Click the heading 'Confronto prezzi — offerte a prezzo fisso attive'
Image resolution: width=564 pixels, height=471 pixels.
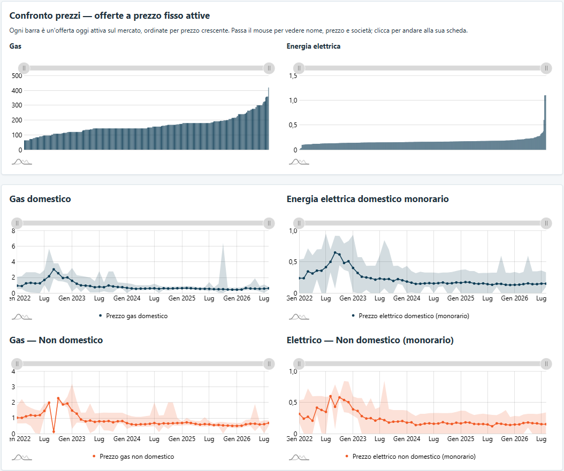pos(110,16)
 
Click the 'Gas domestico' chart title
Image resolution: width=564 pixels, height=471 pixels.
pos(40,199)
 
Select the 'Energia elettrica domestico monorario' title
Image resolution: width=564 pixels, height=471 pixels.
pos(368,199)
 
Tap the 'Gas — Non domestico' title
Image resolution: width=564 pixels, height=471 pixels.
pos(56,340)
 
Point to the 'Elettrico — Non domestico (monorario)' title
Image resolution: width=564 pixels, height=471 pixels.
pos(370,340)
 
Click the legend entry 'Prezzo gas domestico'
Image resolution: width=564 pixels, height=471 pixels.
pos(136,316)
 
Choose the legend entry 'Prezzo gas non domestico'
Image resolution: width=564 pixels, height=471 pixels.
pos(136,456)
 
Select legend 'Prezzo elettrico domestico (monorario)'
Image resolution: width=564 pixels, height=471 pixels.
pos(414,316)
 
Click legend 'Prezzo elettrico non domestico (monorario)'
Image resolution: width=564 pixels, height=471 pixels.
pos(414,456)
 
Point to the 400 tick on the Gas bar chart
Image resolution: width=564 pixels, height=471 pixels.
pos(17,90)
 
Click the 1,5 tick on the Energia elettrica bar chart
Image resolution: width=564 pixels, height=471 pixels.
pos(293,76)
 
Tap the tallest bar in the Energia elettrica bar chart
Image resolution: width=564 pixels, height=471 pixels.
pos(545,122)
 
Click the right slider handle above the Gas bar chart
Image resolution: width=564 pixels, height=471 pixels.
pos(269,68)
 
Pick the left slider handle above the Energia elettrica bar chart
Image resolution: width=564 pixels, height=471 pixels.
pos(299,68)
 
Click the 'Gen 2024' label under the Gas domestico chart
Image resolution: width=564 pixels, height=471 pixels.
pos(127,298)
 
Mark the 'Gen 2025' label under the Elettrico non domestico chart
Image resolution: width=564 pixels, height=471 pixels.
pos(461,439)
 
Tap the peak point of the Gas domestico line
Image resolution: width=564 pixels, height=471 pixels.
pos(54,269)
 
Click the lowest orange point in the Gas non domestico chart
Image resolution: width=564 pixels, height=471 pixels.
pos(54,431)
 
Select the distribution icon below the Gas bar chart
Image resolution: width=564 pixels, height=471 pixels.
pos(21,161)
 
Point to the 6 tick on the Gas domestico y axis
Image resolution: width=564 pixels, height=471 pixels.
pos(14,246)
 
